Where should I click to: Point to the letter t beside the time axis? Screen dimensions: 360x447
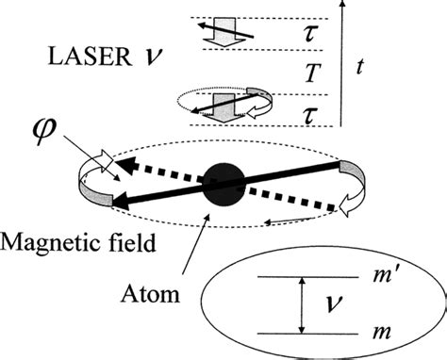click(361, 67)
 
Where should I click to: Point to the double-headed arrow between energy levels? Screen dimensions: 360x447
click(300, 305)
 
